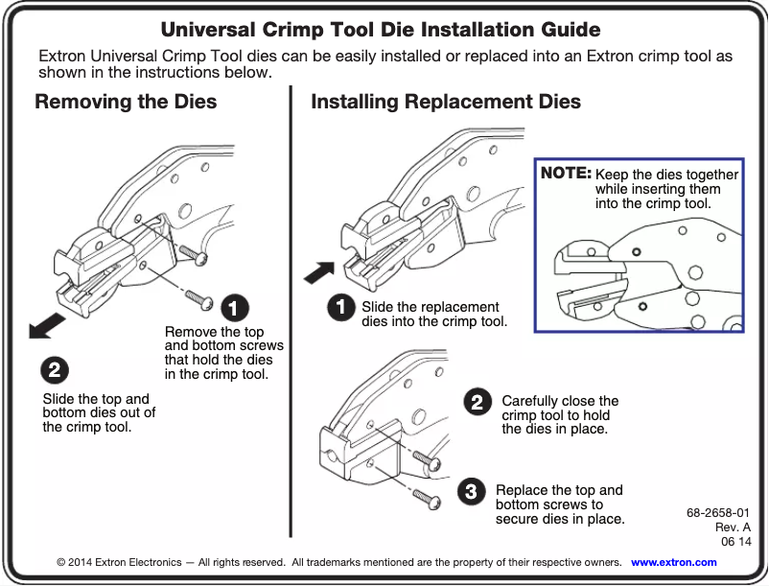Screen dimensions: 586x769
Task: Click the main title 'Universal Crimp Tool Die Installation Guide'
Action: pos(381,30)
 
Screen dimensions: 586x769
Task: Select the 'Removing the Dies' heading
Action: pos(126,102)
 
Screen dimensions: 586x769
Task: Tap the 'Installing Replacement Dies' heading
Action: pos(446,102)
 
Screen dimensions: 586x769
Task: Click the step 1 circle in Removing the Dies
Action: pos(235,308)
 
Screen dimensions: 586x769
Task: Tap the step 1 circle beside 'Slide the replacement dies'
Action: pos(339,307)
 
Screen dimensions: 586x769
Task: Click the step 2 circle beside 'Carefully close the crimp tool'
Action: pos(475,402)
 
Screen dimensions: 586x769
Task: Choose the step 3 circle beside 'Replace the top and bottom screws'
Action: pos(470,492)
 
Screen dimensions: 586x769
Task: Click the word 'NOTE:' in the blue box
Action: pos(566,174)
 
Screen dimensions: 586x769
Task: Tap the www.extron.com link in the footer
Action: pos(673,562)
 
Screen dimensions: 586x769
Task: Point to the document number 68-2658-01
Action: pos(718,512)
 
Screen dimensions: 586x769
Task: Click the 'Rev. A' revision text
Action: pos(733,527)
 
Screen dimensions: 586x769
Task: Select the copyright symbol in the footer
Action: pos(61,562)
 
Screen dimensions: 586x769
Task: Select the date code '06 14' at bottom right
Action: pos(735,542)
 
